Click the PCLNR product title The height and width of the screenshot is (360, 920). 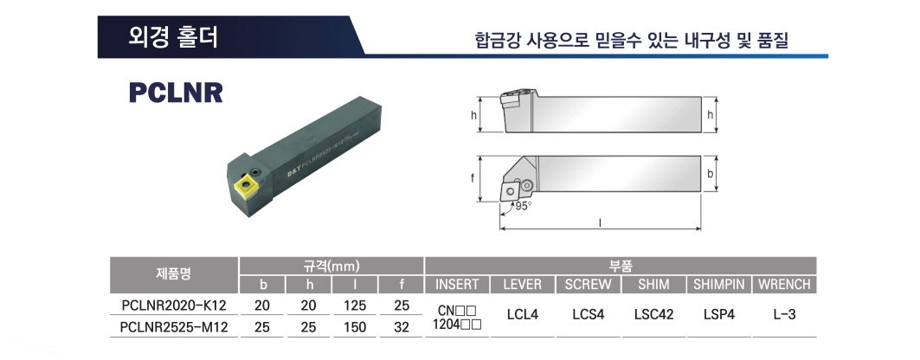pyautogui.click(x=176, y=92)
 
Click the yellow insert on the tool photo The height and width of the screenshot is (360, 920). pyautogui.click(x=243, y=189)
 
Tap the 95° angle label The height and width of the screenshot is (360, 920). pyautogui.click(x=524, y=206)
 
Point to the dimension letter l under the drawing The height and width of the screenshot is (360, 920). pyautogui.click(x=601, y=222)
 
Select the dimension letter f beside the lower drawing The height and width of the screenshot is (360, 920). pyautogui.click(x=472, y=178)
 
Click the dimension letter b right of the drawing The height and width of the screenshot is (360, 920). pyautogui.click(x=710, y=174)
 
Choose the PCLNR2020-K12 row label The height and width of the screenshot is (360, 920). pyautogui.click(x=174, y=305)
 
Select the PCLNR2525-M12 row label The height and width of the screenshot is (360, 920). pyautogui.click(x=174, y=327)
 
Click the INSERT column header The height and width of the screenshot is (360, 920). pyautogui.click(x=457, y=285)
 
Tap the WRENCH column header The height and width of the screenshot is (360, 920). pyautogui.click(x=784, y=285)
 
